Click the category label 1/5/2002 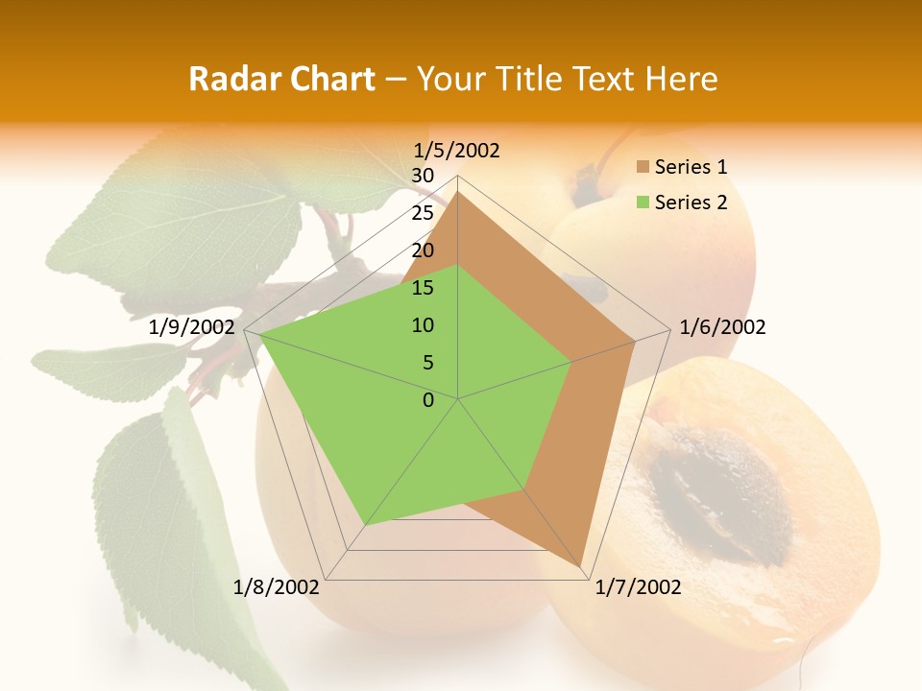pyautogui.click(x=457, y=151)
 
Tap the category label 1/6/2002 pyautogui.click(x=722, y=327)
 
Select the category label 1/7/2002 pyautogui.click(x=638, y=587)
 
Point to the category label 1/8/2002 pyautogui.click(x=277, y=587)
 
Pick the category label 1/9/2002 pyautogui.click(x=192, y=327)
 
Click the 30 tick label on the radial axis pyautogui.click(x=423, y=176)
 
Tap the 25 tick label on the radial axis pyautogui.click(x=423, y=213)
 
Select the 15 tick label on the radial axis pyautogui.click(x=423, y=288)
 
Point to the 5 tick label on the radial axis pyautogui.click(x=428, y=363)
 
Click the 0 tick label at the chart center pyautogui.click(x=428, y=400)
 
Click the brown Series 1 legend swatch pyautogui.click(x=643, y=167)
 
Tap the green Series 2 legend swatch pyautogui.click(x=643, y=203)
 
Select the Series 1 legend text pyautogui.click(x=691, y=167)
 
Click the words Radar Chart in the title pyautogui.click(x=281, y=79)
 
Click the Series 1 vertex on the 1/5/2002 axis pyautogui.click(x=458, y=192)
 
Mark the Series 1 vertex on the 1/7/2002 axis pyautogui.click(x=581, y=566)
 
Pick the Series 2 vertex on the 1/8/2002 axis pyautogui.click(x=365, y=525)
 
